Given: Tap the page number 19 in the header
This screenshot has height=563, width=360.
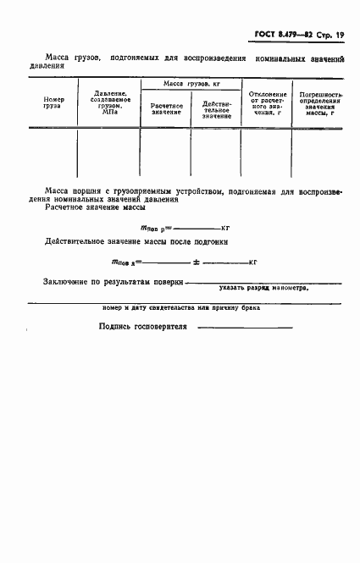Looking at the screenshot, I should (341, 35).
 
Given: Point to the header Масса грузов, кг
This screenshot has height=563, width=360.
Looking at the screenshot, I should (191, 86).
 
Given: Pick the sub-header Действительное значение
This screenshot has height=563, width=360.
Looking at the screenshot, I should (216, 109).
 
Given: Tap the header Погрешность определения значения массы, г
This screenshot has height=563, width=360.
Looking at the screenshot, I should (316, 103).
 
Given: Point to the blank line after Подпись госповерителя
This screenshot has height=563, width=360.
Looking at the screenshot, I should (245, 328).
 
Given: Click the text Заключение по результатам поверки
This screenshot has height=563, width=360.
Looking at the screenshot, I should (113, 281).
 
